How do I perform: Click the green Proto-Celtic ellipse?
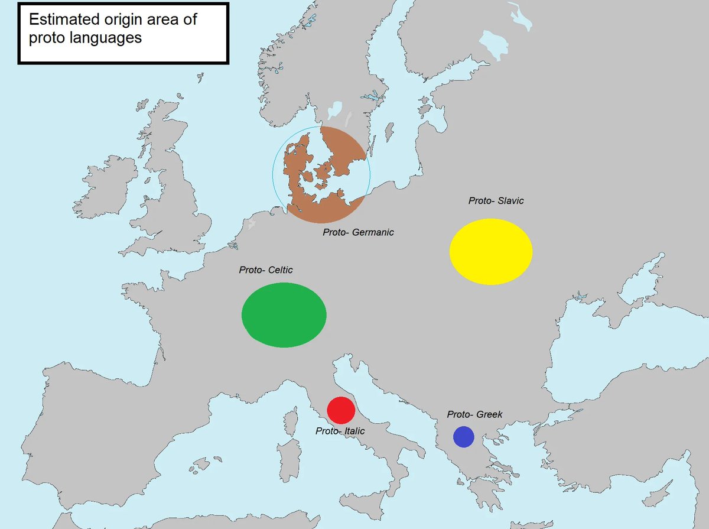pos(284,314)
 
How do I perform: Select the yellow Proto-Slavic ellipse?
pos(491,251)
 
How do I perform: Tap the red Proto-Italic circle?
pos(341,410)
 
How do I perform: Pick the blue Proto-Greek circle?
pos(463,436)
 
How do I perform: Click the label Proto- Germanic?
pos(358,232)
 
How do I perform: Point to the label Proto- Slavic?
pos(496,201)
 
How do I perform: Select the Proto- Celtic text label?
pos(266,270)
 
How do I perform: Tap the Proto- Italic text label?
pos(340,431)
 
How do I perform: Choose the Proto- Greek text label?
pos(474,414)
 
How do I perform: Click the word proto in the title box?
pos(44,38)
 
